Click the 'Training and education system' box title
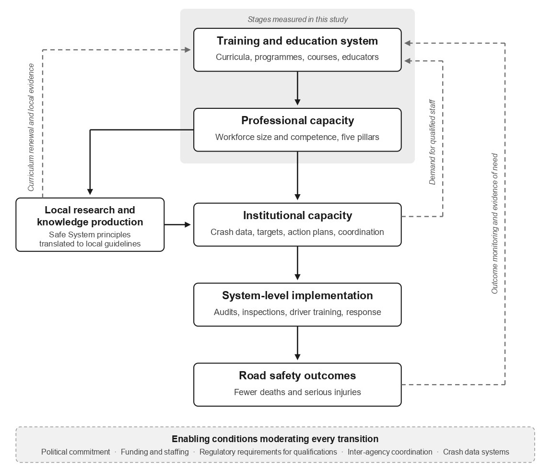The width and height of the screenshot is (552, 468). point(297,41)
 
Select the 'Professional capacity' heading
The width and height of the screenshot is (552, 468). point(297,121)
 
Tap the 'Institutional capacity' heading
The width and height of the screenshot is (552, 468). point(297,215)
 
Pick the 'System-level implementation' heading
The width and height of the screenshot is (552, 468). point(297,295)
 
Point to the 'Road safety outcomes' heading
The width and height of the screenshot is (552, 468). point(297,375)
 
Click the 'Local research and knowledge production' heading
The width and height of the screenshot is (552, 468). point(90,216)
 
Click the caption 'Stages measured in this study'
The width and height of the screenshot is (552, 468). point(297,19)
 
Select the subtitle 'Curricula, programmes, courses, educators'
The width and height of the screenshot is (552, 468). point(297,57)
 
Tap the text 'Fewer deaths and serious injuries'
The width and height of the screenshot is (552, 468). point(297,392)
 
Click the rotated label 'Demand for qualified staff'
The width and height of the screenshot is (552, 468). point(432,142)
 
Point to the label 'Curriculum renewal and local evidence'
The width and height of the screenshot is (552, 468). point(31,128)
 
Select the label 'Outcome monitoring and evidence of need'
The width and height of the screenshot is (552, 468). point(494,223)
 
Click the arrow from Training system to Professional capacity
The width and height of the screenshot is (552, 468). point(297,88)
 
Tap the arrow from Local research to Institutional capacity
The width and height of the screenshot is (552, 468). point(177,224)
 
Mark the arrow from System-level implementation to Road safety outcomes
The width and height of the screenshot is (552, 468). point(297,343)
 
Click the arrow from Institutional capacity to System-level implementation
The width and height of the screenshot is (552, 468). point(297,263)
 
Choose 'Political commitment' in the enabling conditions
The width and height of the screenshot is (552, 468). point(76,452)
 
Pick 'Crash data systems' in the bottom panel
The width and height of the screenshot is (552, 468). point(476,452)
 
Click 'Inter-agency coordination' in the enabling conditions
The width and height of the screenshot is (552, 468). point(390,452)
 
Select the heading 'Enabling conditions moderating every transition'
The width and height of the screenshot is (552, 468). point(275,439)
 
